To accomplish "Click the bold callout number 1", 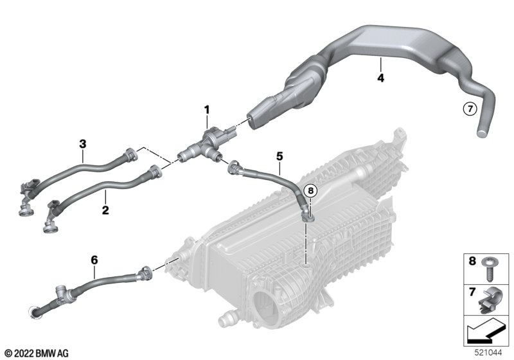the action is [207, 110].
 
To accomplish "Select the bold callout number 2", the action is [105, 210].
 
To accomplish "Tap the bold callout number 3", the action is [83, 143].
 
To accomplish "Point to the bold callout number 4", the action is [380, 78].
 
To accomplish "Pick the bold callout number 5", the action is [279, 156].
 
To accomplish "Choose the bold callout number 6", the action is [94, 260].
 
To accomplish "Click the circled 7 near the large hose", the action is [470, 109].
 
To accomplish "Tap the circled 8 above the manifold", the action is [311, 190].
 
